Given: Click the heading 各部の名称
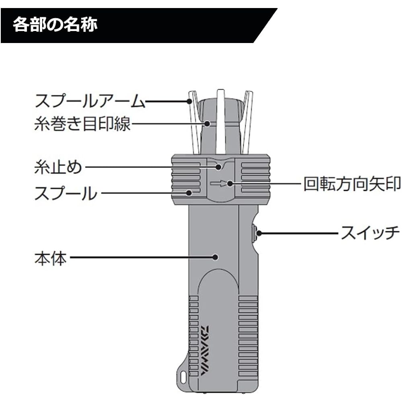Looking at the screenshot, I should [55, 25].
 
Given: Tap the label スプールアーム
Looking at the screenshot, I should [89, 102].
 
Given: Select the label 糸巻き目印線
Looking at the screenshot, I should [82, 124].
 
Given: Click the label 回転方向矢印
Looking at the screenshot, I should [352, 184].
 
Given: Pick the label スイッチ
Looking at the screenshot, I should [370, 233].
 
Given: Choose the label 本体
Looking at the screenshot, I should [50, 257].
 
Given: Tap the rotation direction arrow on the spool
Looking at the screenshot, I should [219, 184].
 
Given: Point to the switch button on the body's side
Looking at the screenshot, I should [254, 233].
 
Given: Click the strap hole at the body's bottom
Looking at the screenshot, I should [184, 377].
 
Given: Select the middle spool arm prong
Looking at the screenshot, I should [220, 121].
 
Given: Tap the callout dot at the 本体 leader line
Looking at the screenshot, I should [216, 256].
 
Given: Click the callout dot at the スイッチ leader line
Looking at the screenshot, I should [259, 233].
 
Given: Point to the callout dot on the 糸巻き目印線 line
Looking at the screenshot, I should [207, 123].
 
